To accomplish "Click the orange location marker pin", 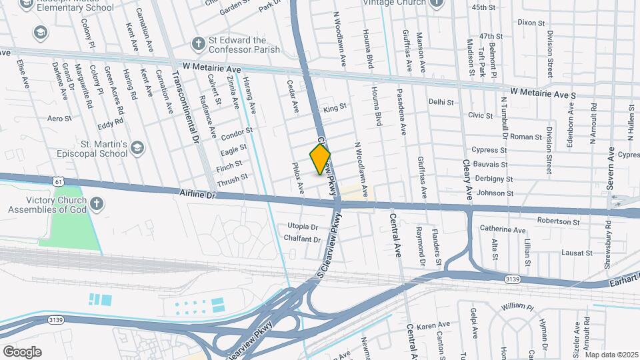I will [x=320, y=159].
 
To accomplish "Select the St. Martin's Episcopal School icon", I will [x=137, y=147].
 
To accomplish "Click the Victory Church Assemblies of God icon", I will [x=97, y=203].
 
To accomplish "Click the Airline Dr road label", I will [x=199, y=194].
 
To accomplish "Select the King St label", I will [x=335, y=107].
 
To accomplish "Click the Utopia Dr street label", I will [x=303, y=227].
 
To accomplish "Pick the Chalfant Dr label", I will [x=302, y=239].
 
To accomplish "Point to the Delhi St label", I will [x=441, y=102].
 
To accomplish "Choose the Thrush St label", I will [x=232, y=178].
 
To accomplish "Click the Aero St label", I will [x=59, y=118].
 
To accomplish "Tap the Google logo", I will [x=22, y=351].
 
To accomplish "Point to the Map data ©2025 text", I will [x=612, y=355].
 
